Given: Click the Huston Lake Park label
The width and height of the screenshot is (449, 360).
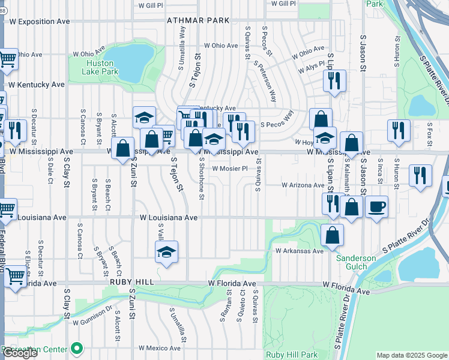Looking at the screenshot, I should [x=101, y=67].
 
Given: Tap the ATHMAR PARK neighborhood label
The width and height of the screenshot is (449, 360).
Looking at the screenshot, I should [x=199, y=20].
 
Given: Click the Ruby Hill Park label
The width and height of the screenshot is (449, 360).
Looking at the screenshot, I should [x=292, y=355].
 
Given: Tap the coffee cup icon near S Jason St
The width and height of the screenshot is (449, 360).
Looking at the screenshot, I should [x=376, y=207].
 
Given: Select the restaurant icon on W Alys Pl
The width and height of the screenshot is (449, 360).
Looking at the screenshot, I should [x=334, y=81].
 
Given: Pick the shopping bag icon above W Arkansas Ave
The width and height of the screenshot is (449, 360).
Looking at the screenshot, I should [x=332, y=236].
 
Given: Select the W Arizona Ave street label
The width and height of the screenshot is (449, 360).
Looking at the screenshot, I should [x=303, y=185].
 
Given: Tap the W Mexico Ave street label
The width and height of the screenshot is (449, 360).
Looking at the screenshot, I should [x=159, y=347].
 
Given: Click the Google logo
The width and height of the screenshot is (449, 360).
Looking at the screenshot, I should [x=20, y=353].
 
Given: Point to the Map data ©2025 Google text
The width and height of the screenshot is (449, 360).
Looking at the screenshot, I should [x=412, y=355].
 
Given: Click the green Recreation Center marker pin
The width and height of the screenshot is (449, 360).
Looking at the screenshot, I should [x=77, y=348].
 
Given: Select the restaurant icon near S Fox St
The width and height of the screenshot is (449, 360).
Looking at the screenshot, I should [x=399, y=130].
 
